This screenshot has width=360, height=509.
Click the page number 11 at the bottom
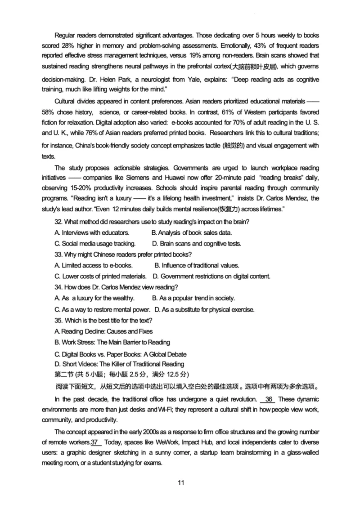tap(181, 483)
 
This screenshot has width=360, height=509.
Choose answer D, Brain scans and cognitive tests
tap(196, 244)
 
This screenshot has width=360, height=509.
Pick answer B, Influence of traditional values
tap(197, 265)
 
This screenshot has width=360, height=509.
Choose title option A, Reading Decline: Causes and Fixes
tap(103, 331)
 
